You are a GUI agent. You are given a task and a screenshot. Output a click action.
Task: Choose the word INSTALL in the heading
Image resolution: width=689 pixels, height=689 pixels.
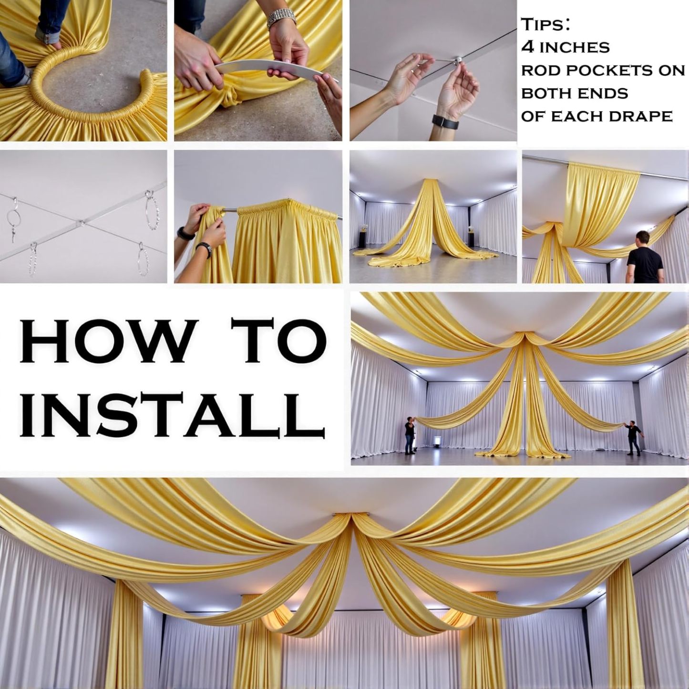click(172, 414)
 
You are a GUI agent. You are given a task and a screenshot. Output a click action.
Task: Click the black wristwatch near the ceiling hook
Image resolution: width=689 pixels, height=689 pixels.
click(445, 122)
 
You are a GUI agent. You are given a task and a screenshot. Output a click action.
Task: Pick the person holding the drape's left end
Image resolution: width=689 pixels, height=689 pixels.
click(410, 435)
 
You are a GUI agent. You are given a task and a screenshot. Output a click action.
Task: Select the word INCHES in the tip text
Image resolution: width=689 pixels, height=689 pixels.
click(574, 48)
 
